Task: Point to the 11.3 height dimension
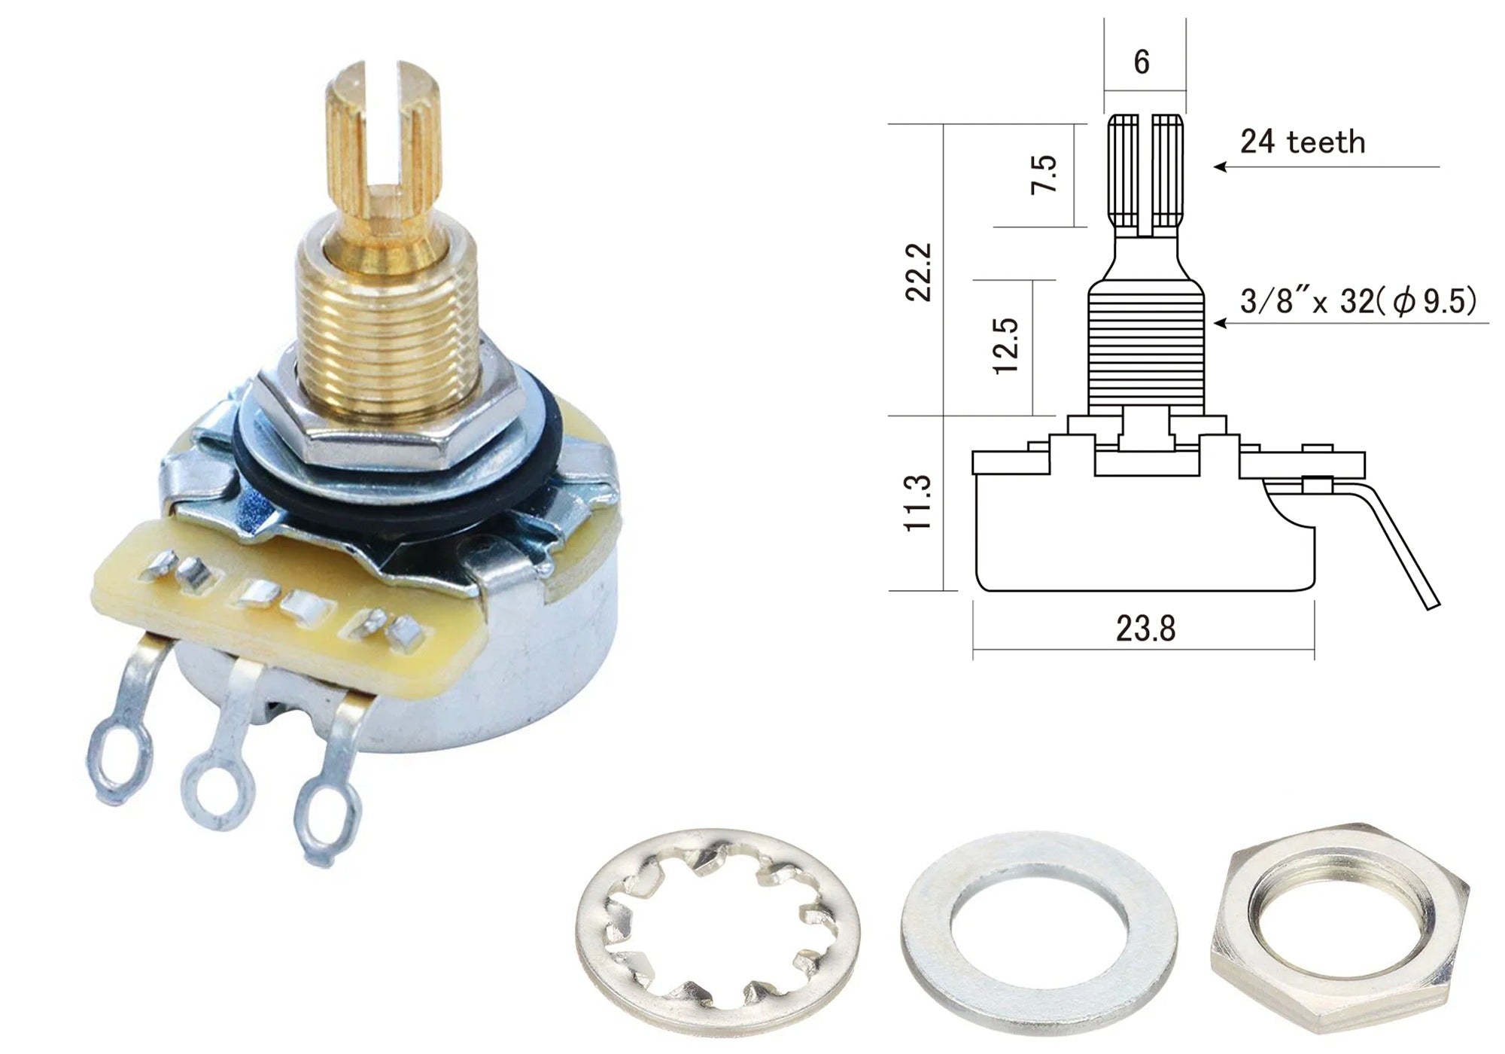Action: pos(919,504)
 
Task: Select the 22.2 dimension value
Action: pos(919,272)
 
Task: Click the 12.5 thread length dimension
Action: pos(1006,346)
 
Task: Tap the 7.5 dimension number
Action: pos(1044,174)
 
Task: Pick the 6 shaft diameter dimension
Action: pos(1142,62)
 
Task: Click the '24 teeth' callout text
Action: pos(1303,142)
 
